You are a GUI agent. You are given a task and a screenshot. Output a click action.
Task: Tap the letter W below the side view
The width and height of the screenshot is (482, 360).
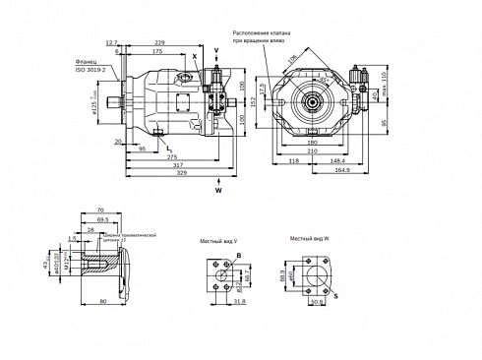[218, 190]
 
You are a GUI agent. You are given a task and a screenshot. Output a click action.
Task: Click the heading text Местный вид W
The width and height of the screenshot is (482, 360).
[309, 239]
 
